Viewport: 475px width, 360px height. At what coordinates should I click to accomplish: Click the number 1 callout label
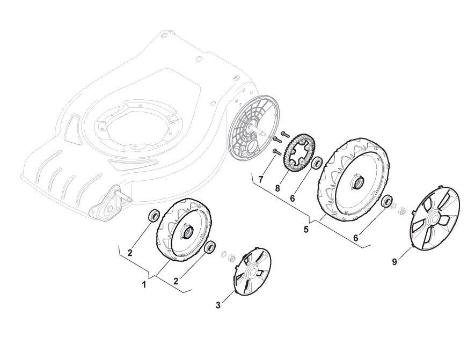144,284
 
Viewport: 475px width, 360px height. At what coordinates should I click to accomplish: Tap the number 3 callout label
218,305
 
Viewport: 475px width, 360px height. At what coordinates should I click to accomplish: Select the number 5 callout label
306,229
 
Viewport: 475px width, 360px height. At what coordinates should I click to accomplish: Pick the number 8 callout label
277,189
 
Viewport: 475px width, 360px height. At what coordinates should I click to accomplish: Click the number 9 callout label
394,262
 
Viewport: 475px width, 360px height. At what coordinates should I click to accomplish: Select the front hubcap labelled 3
252,271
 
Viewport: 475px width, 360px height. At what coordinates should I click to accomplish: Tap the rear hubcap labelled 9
435,219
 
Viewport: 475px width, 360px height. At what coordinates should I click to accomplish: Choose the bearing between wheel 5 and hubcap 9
385,202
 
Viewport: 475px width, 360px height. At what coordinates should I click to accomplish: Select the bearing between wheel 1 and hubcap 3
210,248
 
